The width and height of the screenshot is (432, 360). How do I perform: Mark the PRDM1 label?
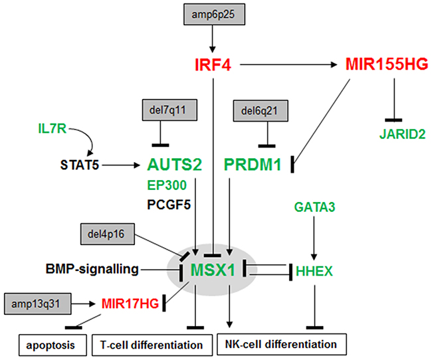tap(255, 163)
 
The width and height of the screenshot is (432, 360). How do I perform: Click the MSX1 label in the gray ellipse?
tap(214, 271)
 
